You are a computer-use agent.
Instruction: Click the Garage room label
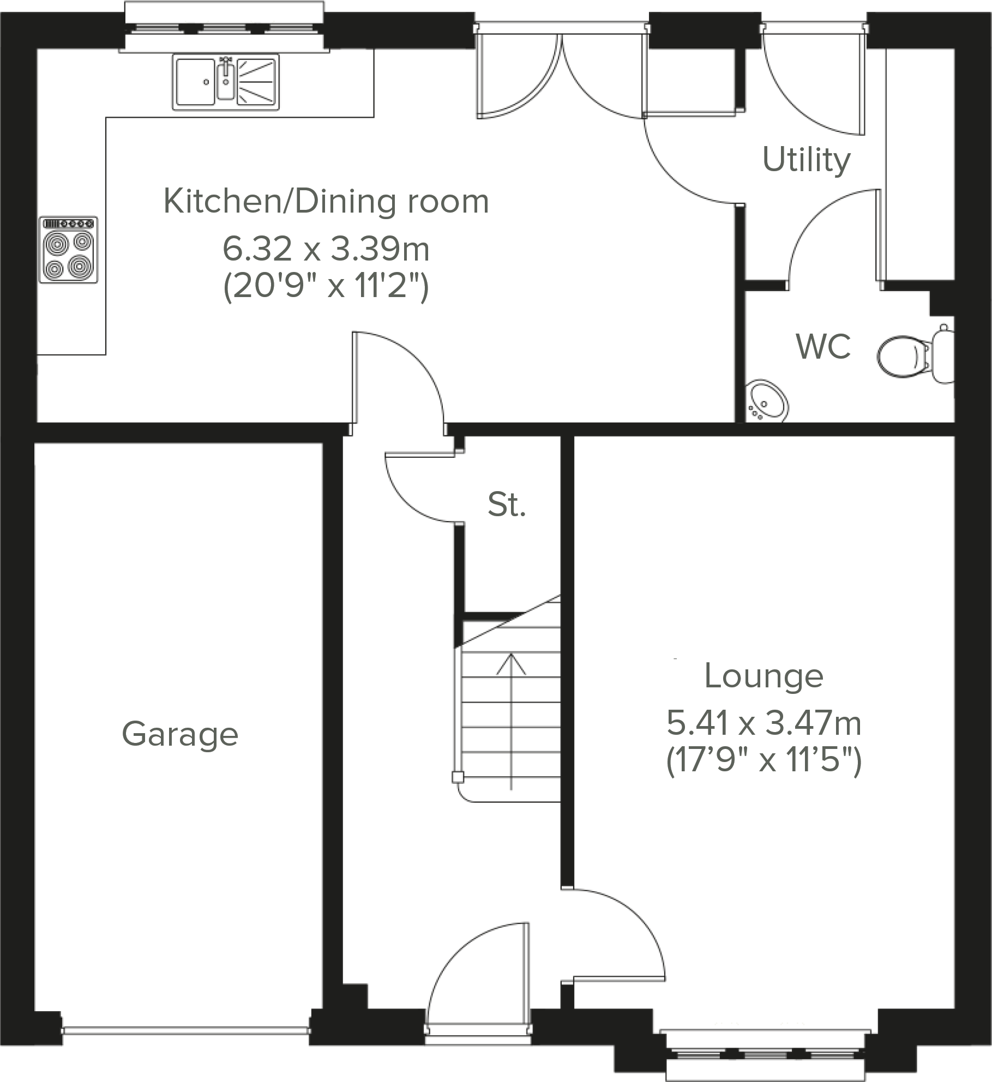pos(180,734)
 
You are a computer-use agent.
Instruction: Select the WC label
pos(823,346)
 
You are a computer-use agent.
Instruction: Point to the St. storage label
pos(507,504)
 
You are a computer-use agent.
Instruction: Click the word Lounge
pos(763,676)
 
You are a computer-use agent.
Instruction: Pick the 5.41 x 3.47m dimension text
pos(763,723)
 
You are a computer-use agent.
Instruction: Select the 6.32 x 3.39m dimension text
pos(326,249)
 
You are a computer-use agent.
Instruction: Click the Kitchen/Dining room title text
pos(326,201)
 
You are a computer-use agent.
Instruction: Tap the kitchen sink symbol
pos(226,82)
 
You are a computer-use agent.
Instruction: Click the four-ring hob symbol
pos(69,250)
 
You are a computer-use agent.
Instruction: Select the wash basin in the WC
pos(768,402)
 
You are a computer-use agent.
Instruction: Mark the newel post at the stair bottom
pos(458,777)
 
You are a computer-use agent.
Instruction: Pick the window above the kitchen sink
pos(224,27)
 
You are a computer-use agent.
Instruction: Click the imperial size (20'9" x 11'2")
pos(326,285)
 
